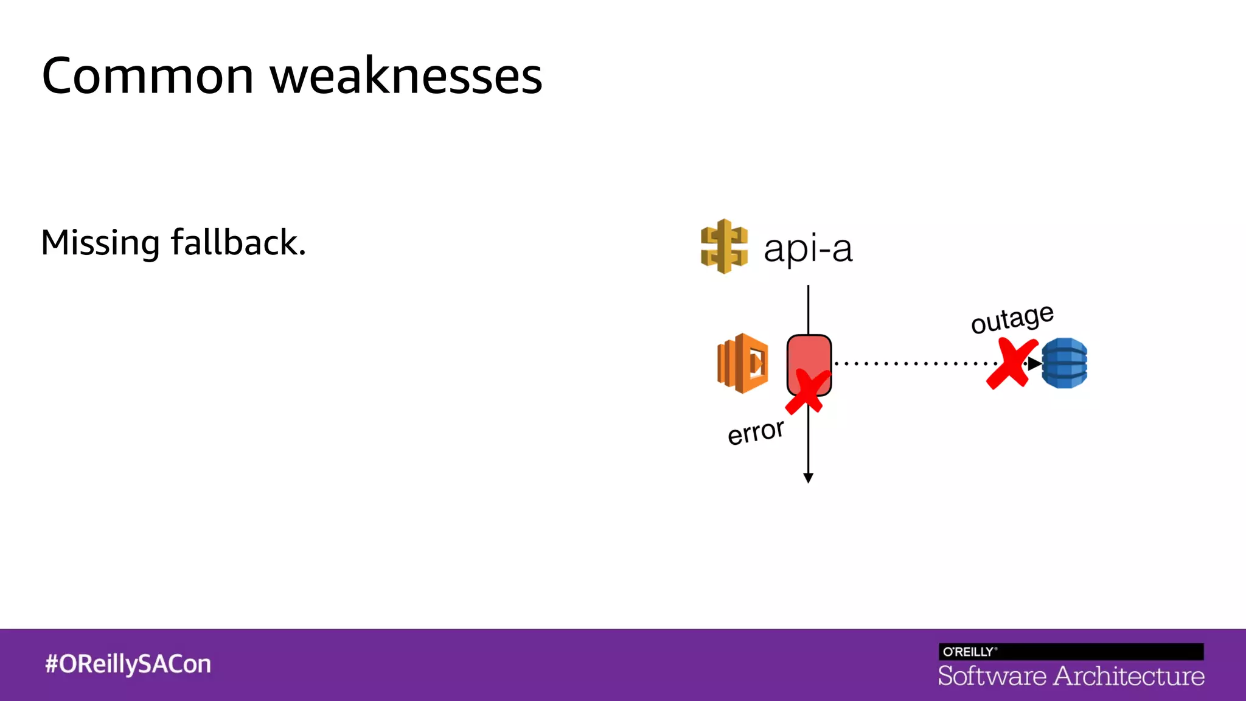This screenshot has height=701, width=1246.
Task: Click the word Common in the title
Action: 147,77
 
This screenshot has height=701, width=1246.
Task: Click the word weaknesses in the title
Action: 406,77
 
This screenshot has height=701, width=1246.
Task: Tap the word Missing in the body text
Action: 100,243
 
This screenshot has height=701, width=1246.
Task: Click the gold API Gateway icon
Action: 724,246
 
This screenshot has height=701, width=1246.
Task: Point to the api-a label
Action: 808,249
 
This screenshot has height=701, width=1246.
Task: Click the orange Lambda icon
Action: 743,363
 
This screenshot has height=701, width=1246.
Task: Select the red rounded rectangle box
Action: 809,356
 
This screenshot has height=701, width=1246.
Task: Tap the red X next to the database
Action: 1011,364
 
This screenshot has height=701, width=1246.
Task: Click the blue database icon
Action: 1064,363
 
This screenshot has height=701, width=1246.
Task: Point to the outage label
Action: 1012,319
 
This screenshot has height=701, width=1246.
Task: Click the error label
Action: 756,432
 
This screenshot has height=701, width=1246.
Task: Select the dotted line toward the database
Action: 913,364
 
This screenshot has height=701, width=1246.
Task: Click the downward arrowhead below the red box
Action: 808,478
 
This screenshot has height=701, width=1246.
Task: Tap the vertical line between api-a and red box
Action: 808,309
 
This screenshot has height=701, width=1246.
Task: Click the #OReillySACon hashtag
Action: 128,664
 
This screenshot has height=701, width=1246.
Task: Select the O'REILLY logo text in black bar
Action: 969,652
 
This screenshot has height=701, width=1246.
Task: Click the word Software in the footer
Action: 992,676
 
